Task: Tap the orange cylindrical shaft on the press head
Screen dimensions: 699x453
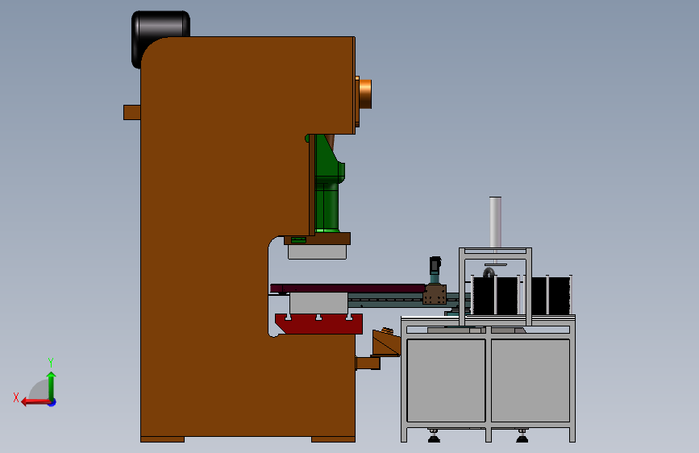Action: (x=365, y=94)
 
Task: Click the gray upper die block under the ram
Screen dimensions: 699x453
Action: (x=317, y=251)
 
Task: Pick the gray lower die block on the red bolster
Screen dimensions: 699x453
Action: (x=318, y=303)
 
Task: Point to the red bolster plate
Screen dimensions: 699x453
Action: (x=318, y=324)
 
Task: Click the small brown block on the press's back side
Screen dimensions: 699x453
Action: (x=132, y=112)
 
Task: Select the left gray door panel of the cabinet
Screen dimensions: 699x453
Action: (x=446, y=380)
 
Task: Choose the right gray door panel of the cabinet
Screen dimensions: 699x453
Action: (x=530, y=380)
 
